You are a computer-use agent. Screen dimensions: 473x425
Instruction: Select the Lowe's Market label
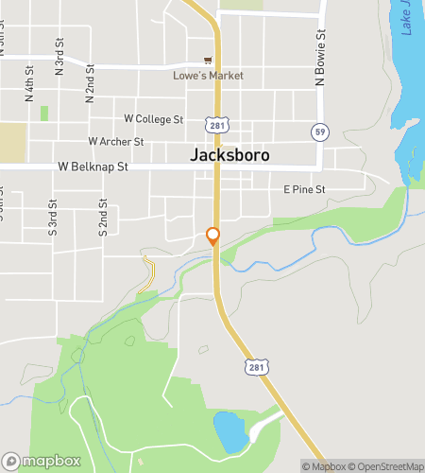208,76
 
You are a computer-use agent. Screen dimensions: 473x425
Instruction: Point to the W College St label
153,119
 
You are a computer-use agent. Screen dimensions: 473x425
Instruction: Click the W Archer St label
115,142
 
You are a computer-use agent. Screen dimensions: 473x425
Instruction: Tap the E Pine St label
304,190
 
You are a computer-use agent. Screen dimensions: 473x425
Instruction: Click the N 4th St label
29,83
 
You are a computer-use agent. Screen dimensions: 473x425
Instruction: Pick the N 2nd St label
91,82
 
